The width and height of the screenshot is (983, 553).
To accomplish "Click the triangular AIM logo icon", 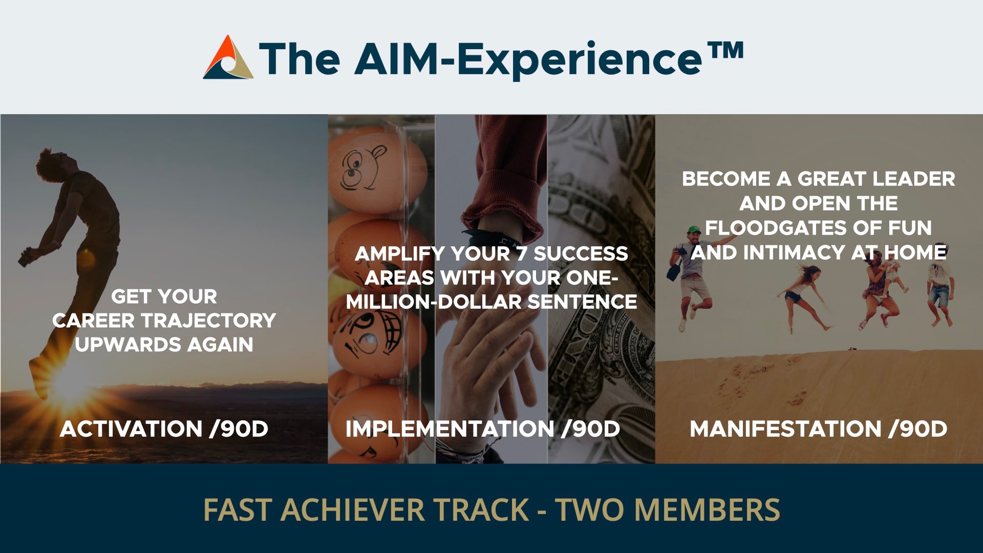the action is click(228, 57).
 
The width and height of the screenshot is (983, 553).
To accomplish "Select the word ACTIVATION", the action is click(131, 429).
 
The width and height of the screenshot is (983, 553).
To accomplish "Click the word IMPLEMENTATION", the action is click(450, 429).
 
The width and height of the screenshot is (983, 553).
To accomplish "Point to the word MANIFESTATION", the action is click(785, 429).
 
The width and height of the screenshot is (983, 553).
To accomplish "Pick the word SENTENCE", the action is click(582, 302).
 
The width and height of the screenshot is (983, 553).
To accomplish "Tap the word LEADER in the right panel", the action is click(913, 179).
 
